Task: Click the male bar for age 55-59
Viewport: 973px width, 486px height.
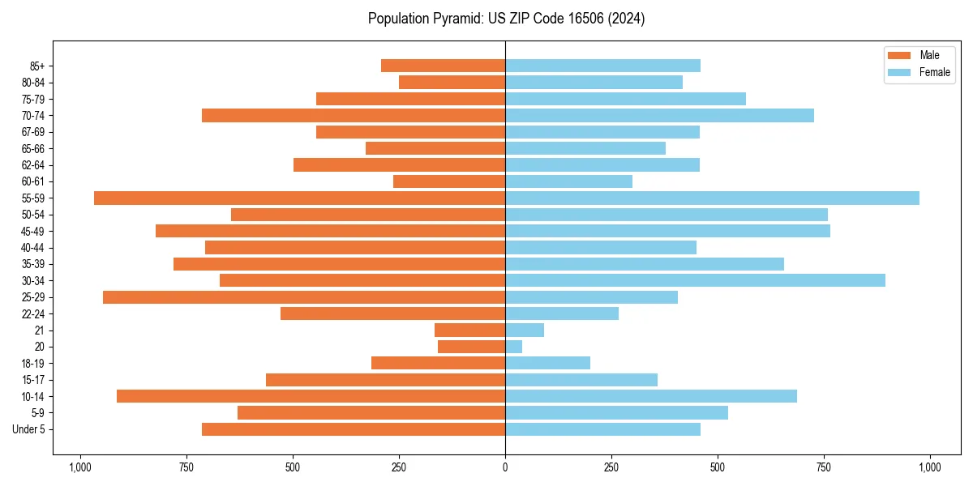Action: click(299, 198)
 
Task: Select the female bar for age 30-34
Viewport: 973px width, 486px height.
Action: click(695, 280)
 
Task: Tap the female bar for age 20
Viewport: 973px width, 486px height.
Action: click(513, 347)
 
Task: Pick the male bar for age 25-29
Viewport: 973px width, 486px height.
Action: click(304, 297)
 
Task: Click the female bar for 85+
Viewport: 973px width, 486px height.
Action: click(602, 66)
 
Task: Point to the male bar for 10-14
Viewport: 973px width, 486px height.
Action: click(311, 396)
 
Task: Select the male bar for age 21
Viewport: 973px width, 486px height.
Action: click(469, 330)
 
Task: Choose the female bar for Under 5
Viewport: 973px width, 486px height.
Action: click(602, 429)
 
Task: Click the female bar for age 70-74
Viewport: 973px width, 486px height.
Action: click(659, 115)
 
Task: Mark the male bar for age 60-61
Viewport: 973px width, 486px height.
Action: click(449, 181)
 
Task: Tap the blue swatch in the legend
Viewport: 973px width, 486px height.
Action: click(900, 72)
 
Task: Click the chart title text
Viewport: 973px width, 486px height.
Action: click(506, 19)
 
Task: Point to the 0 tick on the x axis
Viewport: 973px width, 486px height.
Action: click(505, 467)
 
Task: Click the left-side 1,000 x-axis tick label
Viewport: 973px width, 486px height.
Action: click(80, 467)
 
